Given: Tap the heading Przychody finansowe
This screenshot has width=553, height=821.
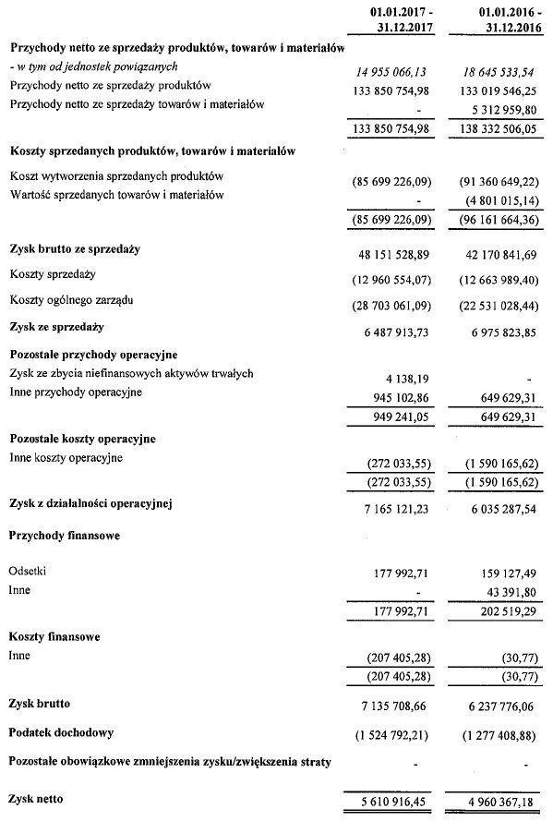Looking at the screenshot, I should tap(66, 535).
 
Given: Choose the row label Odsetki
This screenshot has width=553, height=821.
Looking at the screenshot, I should tap(27, 572).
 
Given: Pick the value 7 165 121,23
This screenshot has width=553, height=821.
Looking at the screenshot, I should tap(398, 507).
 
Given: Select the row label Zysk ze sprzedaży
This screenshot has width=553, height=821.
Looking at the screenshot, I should tap(55, 327).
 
